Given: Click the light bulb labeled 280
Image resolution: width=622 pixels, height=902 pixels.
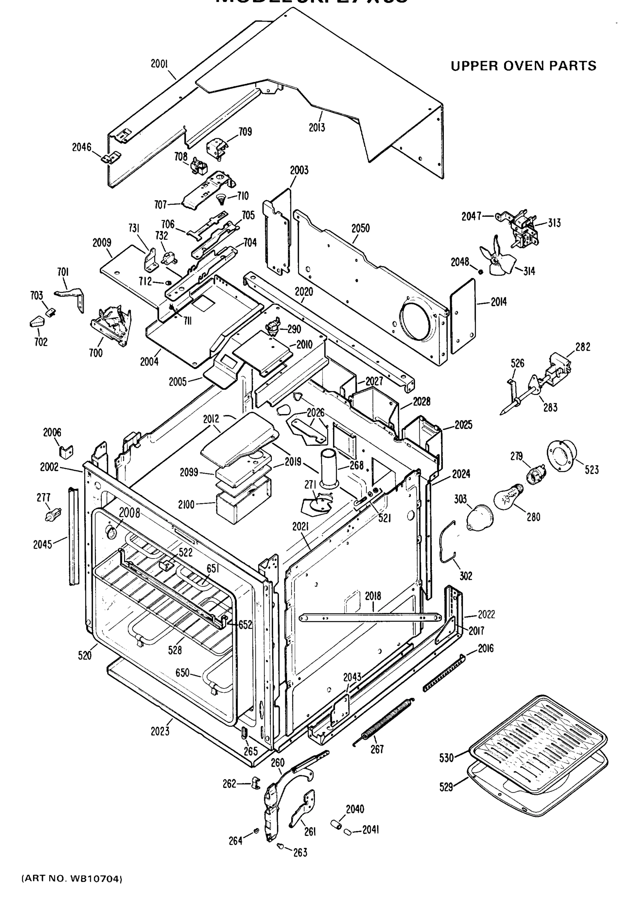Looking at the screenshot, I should (x=509, y=495).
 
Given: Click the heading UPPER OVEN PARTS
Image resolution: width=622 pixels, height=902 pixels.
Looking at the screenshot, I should (x=524, y=66).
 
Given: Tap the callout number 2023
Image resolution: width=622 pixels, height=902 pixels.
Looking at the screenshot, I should (x=160, y=732).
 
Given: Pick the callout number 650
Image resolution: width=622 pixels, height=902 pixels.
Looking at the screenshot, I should (x=182, y=673).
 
